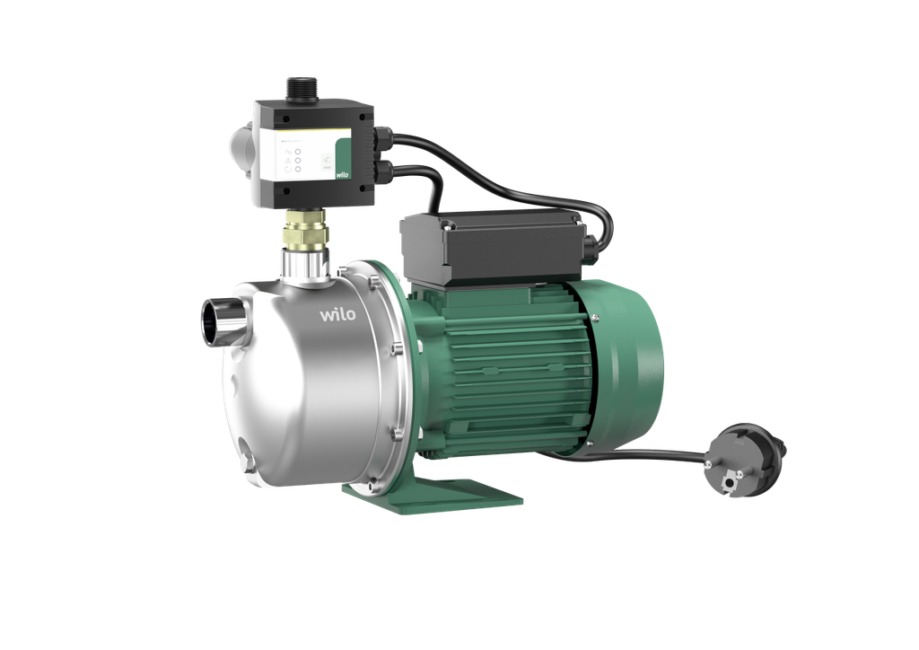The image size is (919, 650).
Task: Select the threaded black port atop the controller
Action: point(297,88)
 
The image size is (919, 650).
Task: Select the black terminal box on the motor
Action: point(490,243)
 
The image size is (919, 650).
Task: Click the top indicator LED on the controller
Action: point(296,153)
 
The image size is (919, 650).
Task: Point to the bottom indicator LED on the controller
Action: point(296,175)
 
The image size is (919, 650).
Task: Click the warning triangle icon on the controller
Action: point(285,154)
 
